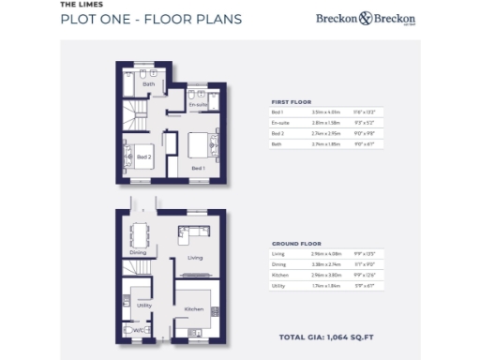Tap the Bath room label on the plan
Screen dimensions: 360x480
pyautogui.click(x=148, y=84)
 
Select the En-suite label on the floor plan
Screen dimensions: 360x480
pyautogui.click(x=198, y=104)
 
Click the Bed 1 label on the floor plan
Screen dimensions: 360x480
pyautogui.click(x=198, y=168)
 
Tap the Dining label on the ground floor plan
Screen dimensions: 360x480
pyautogui.click(x=139, y=251)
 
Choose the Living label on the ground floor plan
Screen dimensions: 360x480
pyautogui.click(x=196, y=256)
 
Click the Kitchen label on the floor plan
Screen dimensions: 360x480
pyautogui.click(x=194, y=308)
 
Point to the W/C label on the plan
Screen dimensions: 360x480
pyautogui.click(x=137, y=331)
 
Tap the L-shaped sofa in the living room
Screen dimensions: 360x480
pyautogui.click(x=194, y=232)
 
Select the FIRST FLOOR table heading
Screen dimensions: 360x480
pyautogui.click(x=291, y=101)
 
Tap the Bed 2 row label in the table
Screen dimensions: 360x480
pyautogui.click(x=277, y=133)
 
